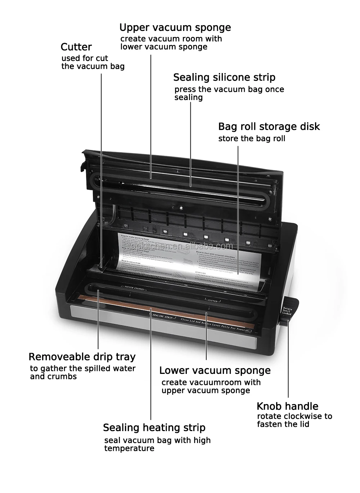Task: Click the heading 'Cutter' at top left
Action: (76, 47)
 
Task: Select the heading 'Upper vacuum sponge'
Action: (175, 27)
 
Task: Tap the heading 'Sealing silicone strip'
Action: (224, 77)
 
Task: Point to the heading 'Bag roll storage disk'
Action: (269, 127)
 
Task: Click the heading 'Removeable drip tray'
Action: (82, 357)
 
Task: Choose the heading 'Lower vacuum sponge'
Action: (215, 371)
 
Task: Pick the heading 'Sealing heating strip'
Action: (154, 428)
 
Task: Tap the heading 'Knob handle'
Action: (287, 407)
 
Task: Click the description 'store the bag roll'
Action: (252, 139)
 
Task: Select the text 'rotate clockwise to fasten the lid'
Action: (294, 420)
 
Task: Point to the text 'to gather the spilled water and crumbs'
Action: (82, 372)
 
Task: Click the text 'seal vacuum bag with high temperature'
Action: (157, 444)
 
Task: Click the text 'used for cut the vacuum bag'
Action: (93, 62)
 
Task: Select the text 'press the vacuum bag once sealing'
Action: (229, 93)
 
